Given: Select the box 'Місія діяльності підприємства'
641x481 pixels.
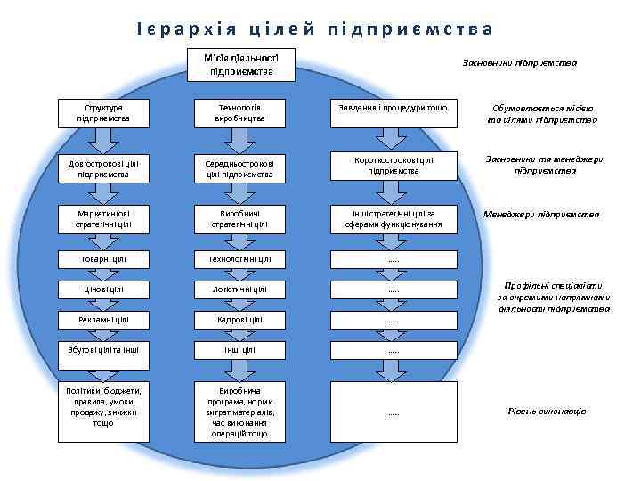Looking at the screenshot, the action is coord(241,65).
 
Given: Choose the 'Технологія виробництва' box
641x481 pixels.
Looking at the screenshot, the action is coord(240,112).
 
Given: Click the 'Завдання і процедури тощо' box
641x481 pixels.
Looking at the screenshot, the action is coord(393,107).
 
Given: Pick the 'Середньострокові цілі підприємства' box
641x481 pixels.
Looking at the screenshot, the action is coord(240,168).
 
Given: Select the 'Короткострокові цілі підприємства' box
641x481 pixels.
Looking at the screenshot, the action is coord(393,166).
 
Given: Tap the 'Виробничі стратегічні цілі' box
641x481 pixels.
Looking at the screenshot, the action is coord(240,219).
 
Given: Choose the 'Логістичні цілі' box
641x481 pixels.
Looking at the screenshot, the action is coord(240,289).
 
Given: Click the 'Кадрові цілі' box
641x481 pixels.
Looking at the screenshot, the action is coord(240,319).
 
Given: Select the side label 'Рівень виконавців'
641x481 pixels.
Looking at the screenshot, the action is coord(547,411).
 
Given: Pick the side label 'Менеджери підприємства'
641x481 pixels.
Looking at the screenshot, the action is coord(541,215).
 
